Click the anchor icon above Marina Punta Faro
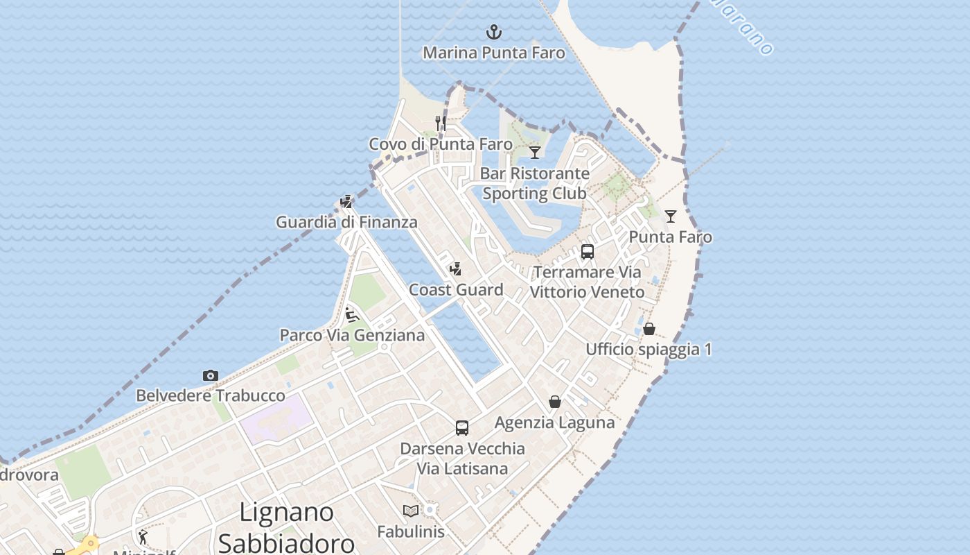click(494, 32)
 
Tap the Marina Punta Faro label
click(494, 53)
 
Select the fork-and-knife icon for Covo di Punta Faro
click(441, 123)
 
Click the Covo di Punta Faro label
click(441, 144)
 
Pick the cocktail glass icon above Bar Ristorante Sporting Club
click(535, 153)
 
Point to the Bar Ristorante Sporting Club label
click(535, 183)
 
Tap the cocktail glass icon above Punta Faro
click(671, 216)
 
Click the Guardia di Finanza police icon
click(346, 202)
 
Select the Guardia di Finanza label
click(346, 222)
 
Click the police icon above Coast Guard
click(456, 269)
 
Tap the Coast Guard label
click(456, 290)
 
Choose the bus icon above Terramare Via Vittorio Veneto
click(588, 252)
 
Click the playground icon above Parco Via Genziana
click(352, 315)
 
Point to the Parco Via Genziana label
click(352, 335)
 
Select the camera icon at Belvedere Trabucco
click(211, 375)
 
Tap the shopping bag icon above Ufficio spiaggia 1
click(649, 329)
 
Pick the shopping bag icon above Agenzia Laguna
click(555, 402)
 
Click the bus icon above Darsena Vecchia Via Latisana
click(462, 428)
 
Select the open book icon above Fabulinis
click(411, 511)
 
